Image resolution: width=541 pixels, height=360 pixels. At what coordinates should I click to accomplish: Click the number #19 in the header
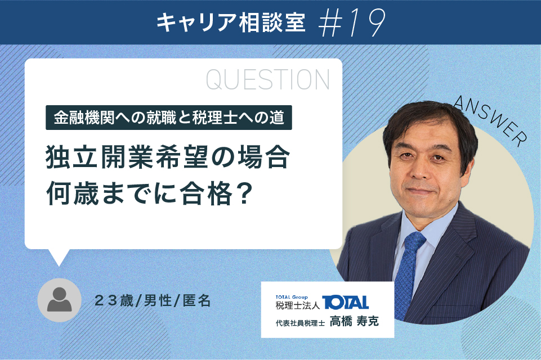[x=351, y=22]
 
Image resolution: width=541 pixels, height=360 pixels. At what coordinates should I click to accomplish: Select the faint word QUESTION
[x=268, y=80]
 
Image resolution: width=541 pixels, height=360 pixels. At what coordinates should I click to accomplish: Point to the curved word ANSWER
[x=490, y=120]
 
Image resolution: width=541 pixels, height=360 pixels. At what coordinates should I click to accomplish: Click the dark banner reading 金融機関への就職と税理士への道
[x=169, y=118]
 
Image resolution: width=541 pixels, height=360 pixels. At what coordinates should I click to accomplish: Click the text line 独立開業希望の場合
[x=168, y=157]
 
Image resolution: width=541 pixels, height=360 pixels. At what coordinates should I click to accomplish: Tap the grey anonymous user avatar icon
[x=59, y=300]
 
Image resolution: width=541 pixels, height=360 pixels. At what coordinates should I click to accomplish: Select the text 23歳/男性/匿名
[x=153, y=301]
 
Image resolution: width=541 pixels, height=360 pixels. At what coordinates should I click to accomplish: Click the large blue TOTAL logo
[x=345, y=303]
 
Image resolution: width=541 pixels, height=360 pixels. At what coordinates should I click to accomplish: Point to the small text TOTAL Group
[x=292, y=297]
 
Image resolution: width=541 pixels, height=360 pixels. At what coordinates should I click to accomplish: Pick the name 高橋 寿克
[x=354, y=321]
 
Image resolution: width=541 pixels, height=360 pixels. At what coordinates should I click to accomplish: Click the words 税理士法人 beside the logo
[x=298, y=305]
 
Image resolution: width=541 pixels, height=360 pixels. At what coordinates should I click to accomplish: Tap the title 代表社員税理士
[x=300, y=323]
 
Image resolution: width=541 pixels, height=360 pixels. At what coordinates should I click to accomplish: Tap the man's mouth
[x=420, y=191]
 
